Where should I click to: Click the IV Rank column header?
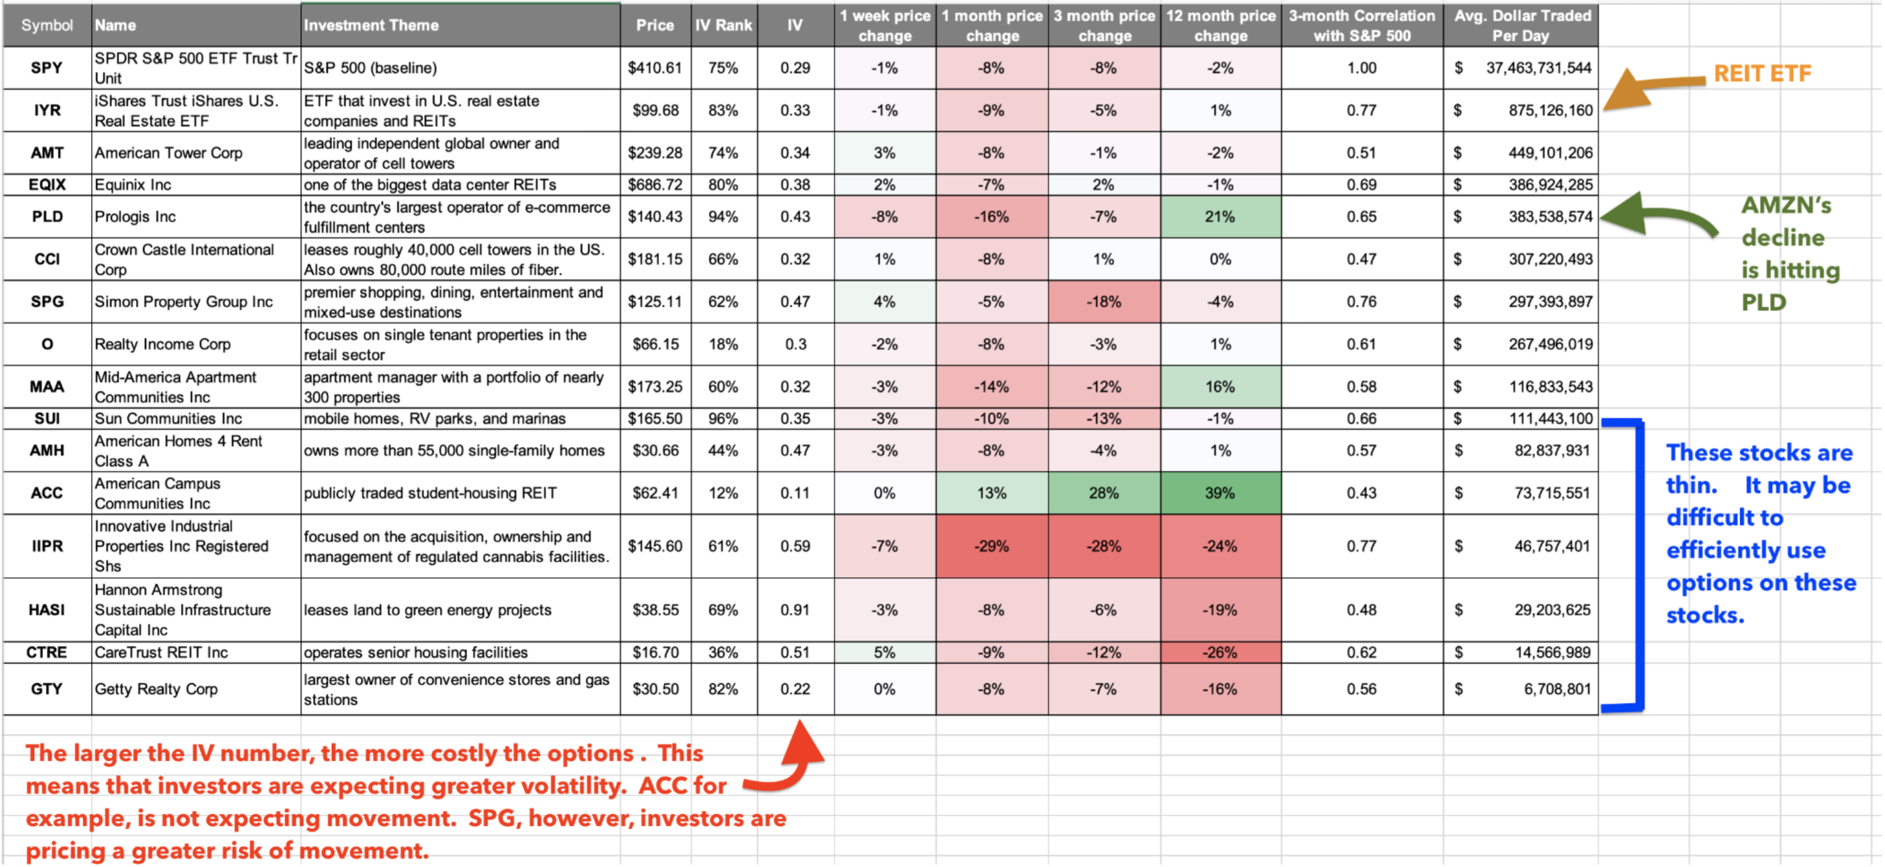point(723,25)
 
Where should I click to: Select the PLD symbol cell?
point(47,216)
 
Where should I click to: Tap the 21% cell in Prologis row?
point(1220,216)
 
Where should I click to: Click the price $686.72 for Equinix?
point(655,185)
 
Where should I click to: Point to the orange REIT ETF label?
point(1762,73)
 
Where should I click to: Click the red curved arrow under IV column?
point(790,762)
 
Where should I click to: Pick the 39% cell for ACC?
point(1220,493)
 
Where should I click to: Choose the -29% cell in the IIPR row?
point(991,546)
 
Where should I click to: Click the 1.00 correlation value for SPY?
point(1361,68)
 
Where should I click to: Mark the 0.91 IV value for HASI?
point(795,610)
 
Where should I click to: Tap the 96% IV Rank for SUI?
point(723,419)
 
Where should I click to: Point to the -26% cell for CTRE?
point(1220,652)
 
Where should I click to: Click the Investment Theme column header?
point(371,25)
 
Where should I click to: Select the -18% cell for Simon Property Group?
point(1103,301)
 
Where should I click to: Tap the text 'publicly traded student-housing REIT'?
point(430,493)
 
